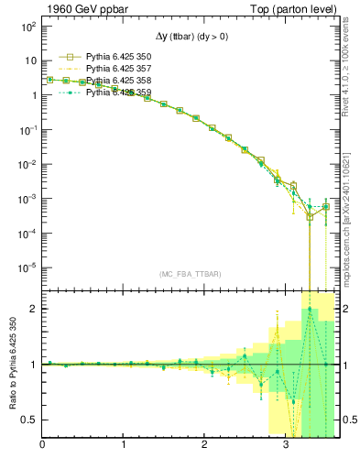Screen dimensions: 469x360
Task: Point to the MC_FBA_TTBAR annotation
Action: click(190, 274)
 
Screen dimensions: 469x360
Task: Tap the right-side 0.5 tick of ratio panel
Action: click(351, 420)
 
